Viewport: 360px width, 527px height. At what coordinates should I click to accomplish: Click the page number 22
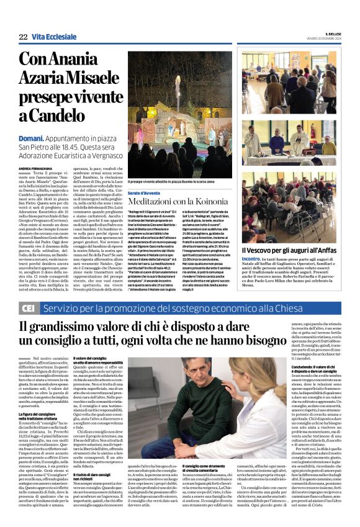coord(23,37)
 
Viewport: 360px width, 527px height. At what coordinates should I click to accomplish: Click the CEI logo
coord(27,308)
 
